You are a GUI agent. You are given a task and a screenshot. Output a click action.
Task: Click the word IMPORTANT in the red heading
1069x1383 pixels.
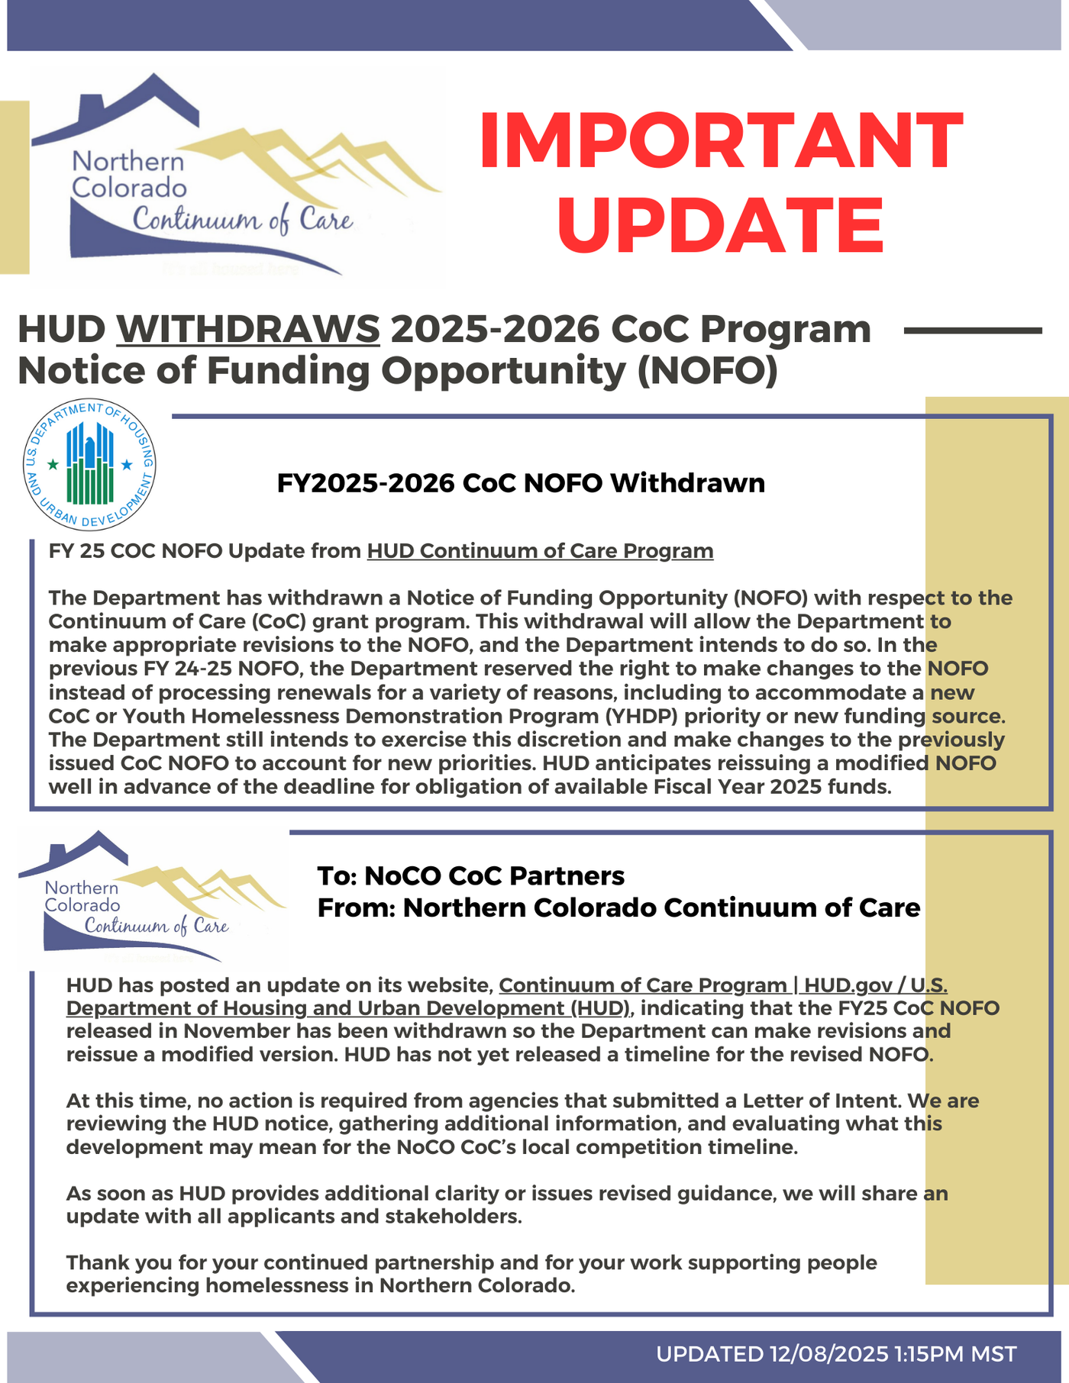[721, 140]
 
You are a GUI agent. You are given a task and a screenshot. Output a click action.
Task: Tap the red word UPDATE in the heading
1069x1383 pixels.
[721, 225]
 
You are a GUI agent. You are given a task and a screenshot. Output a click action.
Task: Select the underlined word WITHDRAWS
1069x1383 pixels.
[248, 330]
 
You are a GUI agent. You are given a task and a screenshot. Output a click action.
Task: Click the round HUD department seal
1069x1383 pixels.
[89, 464]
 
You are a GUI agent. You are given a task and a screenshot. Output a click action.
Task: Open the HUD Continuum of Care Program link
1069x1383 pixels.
[540, 551]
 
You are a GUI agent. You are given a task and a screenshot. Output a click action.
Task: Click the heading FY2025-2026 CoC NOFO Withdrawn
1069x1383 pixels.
[521, 483]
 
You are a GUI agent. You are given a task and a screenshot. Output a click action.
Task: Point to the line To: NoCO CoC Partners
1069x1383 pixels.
[470, 875]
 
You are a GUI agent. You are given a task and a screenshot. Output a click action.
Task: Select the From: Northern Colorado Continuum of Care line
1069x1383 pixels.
[618, 907]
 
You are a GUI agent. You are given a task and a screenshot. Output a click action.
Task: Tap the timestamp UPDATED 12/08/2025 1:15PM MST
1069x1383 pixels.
[836, 1354]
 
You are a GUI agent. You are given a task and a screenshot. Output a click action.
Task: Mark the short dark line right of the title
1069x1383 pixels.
[972, 330]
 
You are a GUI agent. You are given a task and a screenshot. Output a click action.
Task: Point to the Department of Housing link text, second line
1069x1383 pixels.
[348, 1008]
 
